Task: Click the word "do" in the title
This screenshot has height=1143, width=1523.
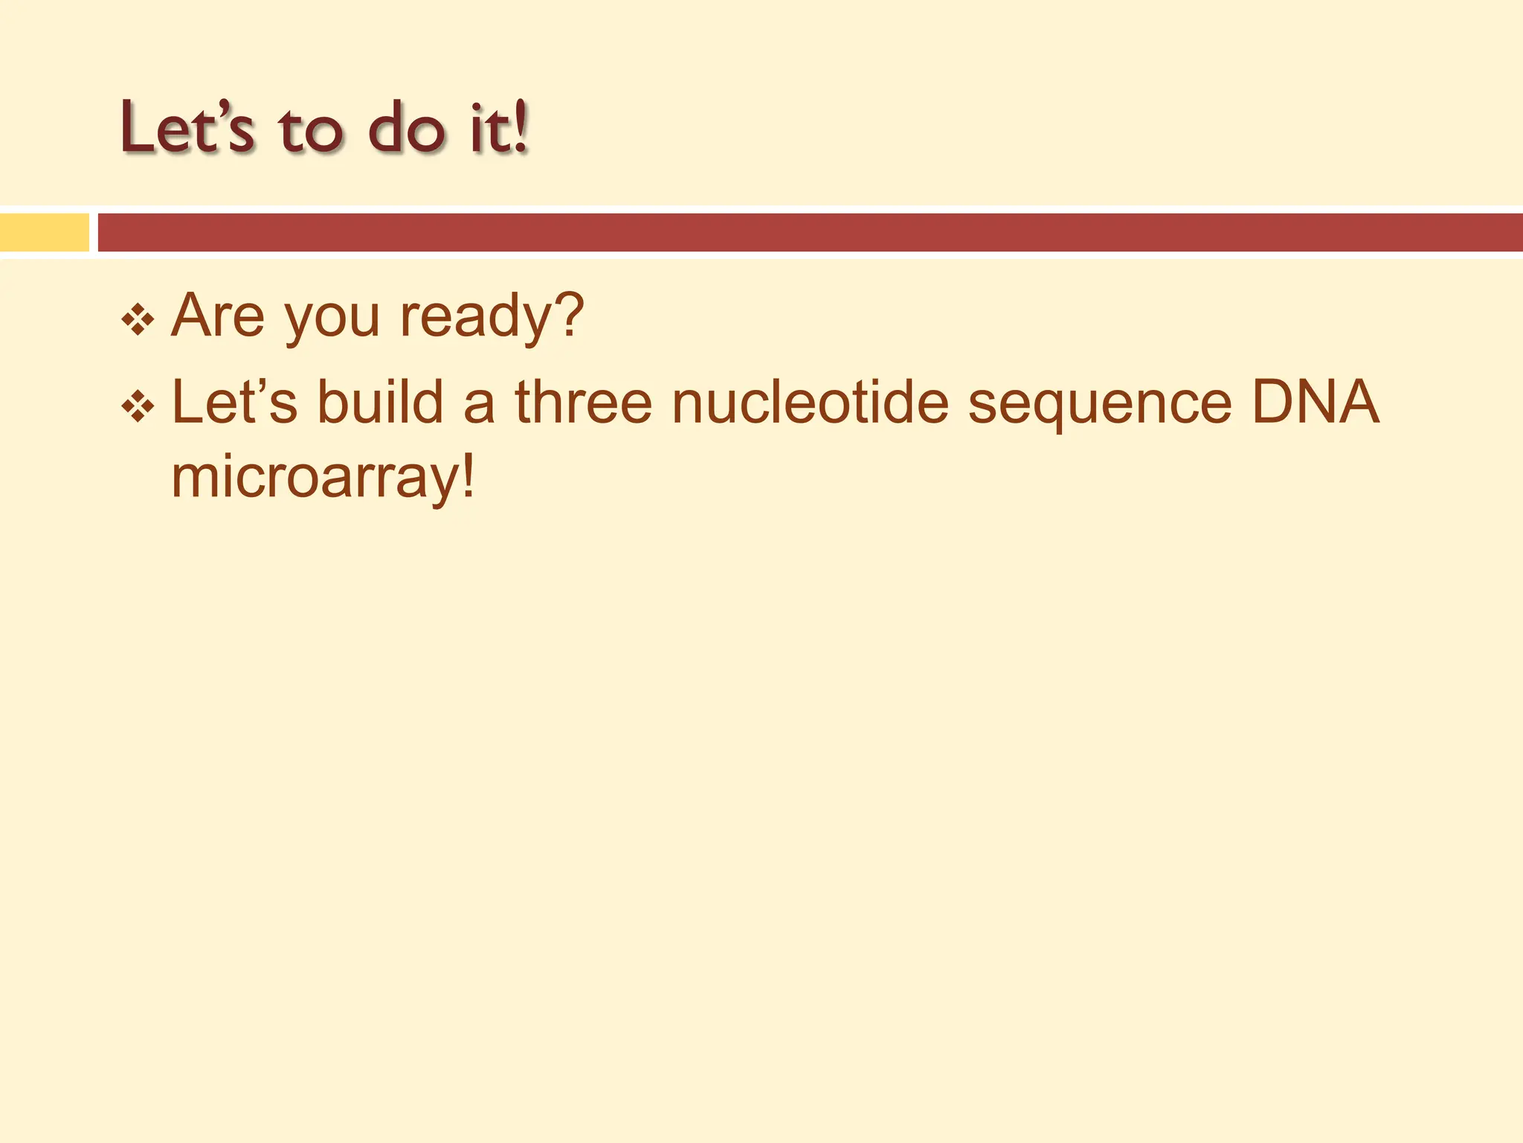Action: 406,128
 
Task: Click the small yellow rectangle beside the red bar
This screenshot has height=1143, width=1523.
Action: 44,232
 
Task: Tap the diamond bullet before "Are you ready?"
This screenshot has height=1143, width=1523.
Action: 138,321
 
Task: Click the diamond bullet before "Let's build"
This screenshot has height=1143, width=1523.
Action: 138,407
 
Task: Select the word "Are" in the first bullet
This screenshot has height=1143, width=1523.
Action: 217,316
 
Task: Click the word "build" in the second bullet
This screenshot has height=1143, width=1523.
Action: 380,403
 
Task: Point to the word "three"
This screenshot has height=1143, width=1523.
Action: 584,403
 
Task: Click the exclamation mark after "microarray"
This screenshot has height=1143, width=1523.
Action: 468,476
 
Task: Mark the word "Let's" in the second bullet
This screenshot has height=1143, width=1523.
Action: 234,403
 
